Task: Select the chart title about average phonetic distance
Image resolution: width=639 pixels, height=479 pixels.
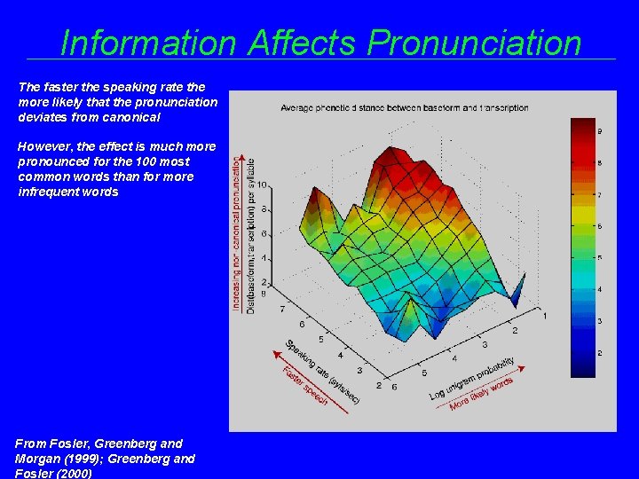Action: (404, 108)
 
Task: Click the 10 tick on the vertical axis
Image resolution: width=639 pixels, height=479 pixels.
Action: (262, 185)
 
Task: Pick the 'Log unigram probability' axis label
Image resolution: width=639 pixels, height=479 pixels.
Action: (472, 378)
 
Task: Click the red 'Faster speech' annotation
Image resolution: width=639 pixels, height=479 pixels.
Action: (304, 387)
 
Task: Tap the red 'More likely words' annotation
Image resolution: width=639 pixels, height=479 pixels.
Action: (482, 393)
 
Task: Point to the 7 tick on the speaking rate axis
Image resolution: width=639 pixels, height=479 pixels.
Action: (282, 309)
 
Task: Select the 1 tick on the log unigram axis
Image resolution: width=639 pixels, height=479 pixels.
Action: (545, 316)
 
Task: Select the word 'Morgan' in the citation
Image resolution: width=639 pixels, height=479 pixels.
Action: (37, 459)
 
